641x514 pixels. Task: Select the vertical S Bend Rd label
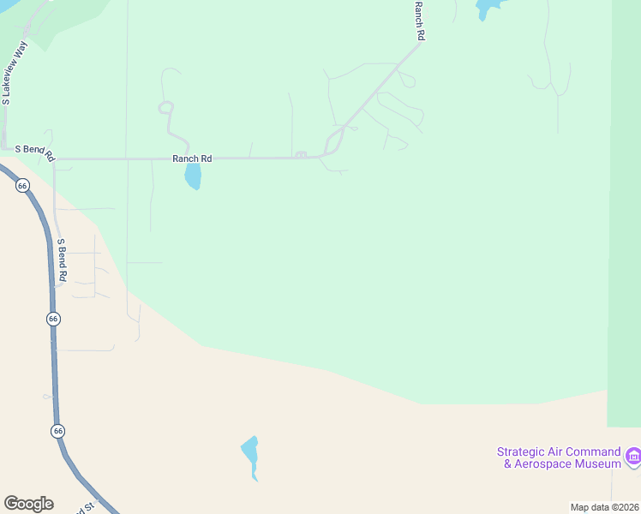(62, 260)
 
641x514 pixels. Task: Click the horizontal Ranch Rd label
(192, 158)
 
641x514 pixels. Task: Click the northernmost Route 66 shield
(23, 185)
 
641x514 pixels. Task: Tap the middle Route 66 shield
(53, 319)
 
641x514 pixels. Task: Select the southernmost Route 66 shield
(57, 430)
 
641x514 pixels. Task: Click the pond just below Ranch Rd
(193, 176)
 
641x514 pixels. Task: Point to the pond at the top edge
(486, 8)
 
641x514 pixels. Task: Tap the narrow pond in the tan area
(250, 455)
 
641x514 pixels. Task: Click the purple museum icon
(633, 455)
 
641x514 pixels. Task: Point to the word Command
(593, 451)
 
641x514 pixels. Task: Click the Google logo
(28, 504)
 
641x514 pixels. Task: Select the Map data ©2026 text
(604, 507)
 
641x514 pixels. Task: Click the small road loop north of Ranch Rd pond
(165, 107)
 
